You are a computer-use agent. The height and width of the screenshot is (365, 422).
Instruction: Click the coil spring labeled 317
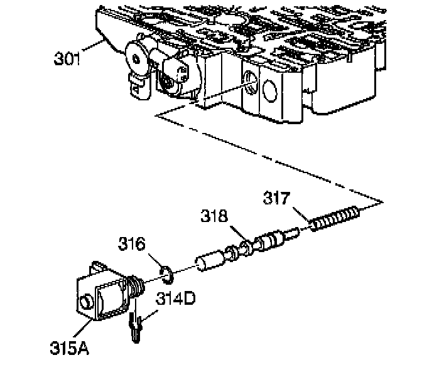[335, 219]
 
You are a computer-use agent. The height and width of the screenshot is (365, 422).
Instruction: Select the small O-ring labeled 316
[166, 272]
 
